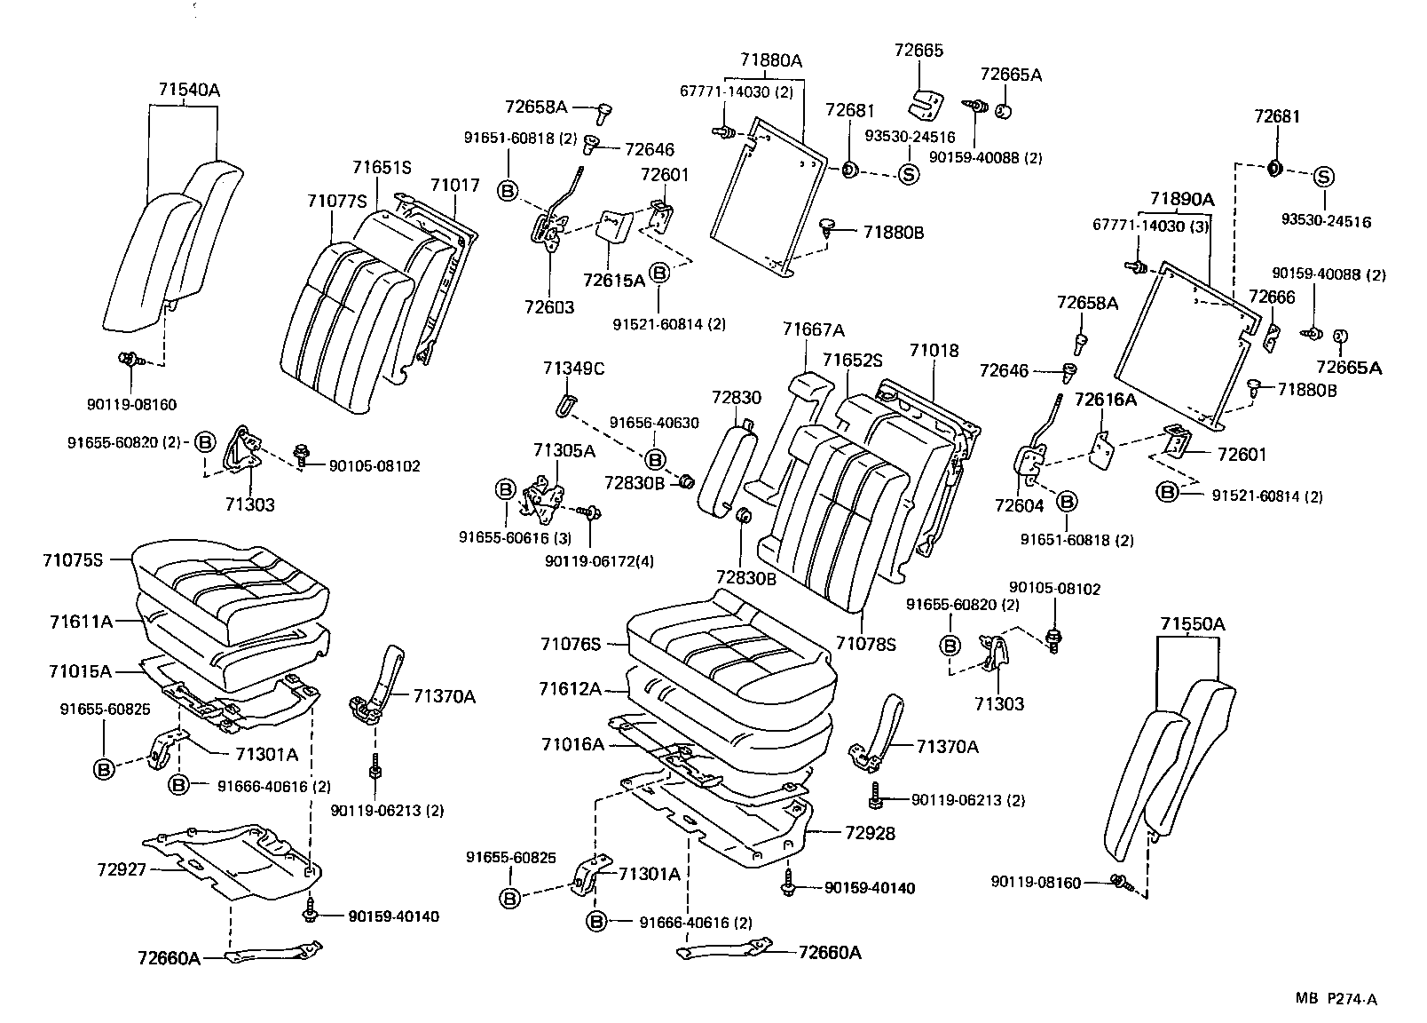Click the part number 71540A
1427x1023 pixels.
pos(188,90)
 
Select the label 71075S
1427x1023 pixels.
pos(73,560)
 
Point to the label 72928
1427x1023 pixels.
pos(870,833)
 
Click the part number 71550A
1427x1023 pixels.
pos(1191,624)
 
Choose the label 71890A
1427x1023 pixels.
pos(1182,199)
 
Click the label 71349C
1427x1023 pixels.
pos(574,368)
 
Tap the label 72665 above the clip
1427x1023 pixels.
pos(918,51)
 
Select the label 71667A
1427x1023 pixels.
pos(813,329)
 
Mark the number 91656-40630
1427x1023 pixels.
pos(653,424)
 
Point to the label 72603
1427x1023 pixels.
pos(548,307)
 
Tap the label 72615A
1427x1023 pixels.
pos(614,281)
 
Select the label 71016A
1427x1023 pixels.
pos(572,744)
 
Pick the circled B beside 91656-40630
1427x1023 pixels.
pos(654,459)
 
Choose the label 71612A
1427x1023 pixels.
pos(571,689)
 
